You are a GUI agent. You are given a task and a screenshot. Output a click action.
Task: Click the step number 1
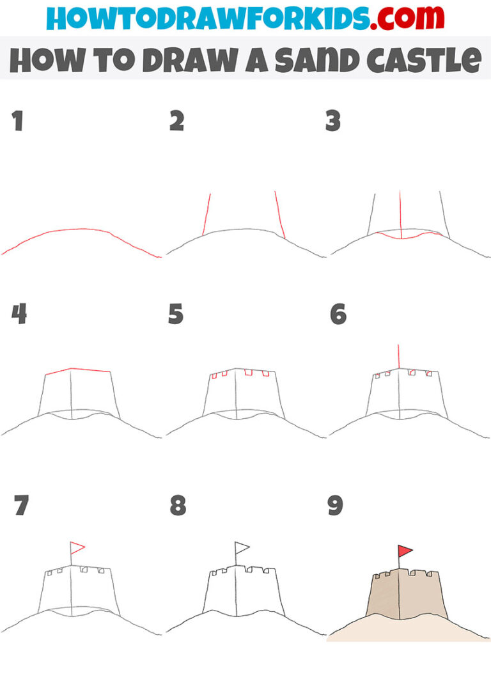tap(17, 121)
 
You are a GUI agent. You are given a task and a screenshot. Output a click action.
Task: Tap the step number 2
tap(176, 121)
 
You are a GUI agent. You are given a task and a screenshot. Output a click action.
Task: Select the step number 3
tap(333, 121)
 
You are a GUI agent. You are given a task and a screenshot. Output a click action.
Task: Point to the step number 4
tap(19, 315)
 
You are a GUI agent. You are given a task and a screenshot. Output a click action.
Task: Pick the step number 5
tap(176, 315)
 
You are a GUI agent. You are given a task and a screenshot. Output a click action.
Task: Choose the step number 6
tap(338, 315)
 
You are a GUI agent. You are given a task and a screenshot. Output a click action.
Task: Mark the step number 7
tap(20, 506)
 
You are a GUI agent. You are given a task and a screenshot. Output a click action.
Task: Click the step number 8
tap(178, 506)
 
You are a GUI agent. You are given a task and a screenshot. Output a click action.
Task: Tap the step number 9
tap(336, 506)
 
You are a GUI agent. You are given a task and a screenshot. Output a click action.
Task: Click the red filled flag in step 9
tap(404, 551)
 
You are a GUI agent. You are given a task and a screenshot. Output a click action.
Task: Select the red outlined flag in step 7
tap(77, 547)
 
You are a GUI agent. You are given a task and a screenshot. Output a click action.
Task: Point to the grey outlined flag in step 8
tap(242, 547)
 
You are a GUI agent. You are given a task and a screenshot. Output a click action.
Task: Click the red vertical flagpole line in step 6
tap(398, 356)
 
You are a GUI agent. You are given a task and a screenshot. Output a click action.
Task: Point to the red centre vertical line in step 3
tap(400, 214)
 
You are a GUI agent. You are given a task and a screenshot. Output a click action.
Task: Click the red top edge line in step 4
tap(77, 370)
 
